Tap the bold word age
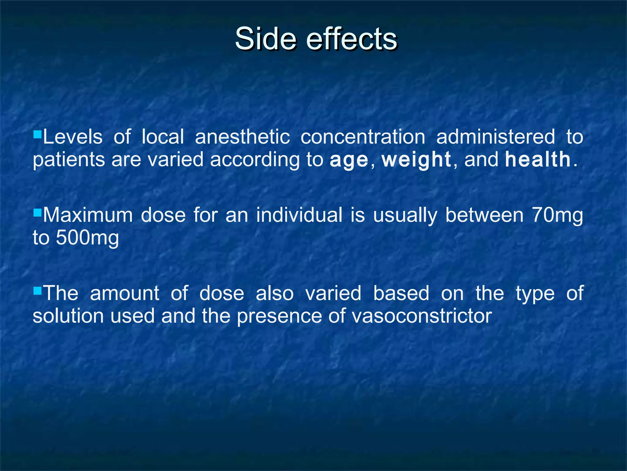[349, 160]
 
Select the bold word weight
[416, 160]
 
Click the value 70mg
[557, 215]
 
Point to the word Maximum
[88, 215]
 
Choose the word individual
[299, 215]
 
